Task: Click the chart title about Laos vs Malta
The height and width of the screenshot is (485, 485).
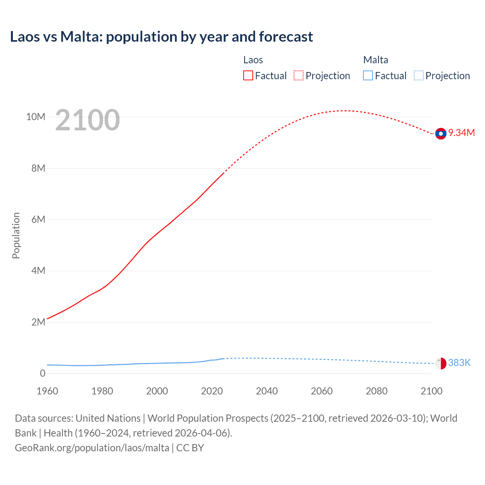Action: point(161,37)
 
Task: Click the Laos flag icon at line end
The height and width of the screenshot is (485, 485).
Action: point(441,133)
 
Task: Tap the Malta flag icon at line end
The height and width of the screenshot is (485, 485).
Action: point(441,363)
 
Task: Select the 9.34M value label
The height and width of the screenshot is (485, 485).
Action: point(462,133)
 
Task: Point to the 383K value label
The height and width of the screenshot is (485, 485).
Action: point(459,363)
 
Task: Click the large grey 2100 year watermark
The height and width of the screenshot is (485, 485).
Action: point(88,120)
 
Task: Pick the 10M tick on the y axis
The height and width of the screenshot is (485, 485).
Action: point(36,117)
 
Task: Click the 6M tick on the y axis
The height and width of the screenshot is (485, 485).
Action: point(38,219)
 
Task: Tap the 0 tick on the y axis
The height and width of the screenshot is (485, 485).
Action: point(42,373)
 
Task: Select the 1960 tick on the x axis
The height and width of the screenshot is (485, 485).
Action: point(47,391)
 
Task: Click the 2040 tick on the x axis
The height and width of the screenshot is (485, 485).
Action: point(267,391)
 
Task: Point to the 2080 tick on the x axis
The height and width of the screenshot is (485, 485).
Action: point(377,391)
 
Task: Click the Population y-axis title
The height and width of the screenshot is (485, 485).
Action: point(16,235)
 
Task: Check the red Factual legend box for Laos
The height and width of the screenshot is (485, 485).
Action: point(248,76)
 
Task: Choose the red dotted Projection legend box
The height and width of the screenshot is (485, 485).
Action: point(299,76)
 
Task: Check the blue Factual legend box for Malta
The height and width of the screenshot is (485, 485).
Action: point(368,76)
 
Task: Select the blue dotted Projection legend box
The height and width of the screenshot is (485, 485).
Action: point(419,76)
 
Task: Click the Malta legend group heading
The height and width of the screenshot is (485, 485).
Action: point(375,60)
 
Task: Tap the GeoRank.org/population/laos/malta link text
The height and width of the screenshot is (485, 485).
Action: point(92,448)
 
